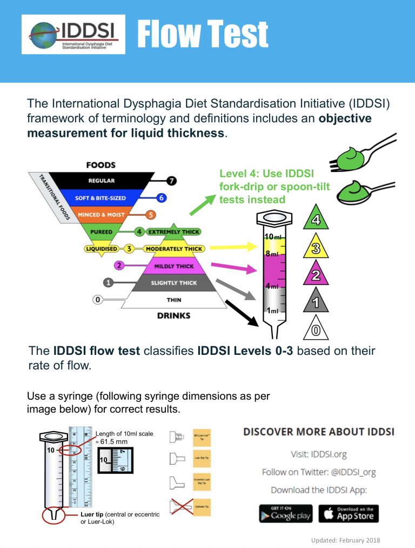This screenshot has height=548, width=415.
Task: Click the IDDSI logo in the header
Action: click(x=73, y=34)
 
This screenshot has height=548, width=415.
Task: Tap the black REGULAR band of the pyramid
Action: click(x=102, y=181)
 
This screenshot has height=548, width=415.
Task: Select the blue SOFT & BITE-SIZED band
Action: click(x=101, y=198)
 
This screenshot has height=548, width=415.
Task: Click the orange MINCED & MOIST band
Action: click(x=101, y=215)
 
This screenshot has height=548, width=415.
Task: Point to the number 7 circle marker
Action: click(x=171, y=181)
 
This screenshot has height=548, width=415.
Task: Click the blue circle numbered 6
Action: click(x=161, y=198)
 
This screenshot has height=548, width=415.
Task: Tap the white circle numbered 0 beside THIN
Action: click(x=98, y=299)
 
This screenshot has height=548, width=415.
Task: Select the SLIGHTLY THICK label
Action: click(x=174, y=283)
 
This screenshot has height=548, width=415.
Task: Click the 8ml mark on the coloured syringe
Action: click(x=271, y=253)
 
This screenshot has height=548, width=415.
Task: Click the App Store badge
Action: click(x=349, y=513)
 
